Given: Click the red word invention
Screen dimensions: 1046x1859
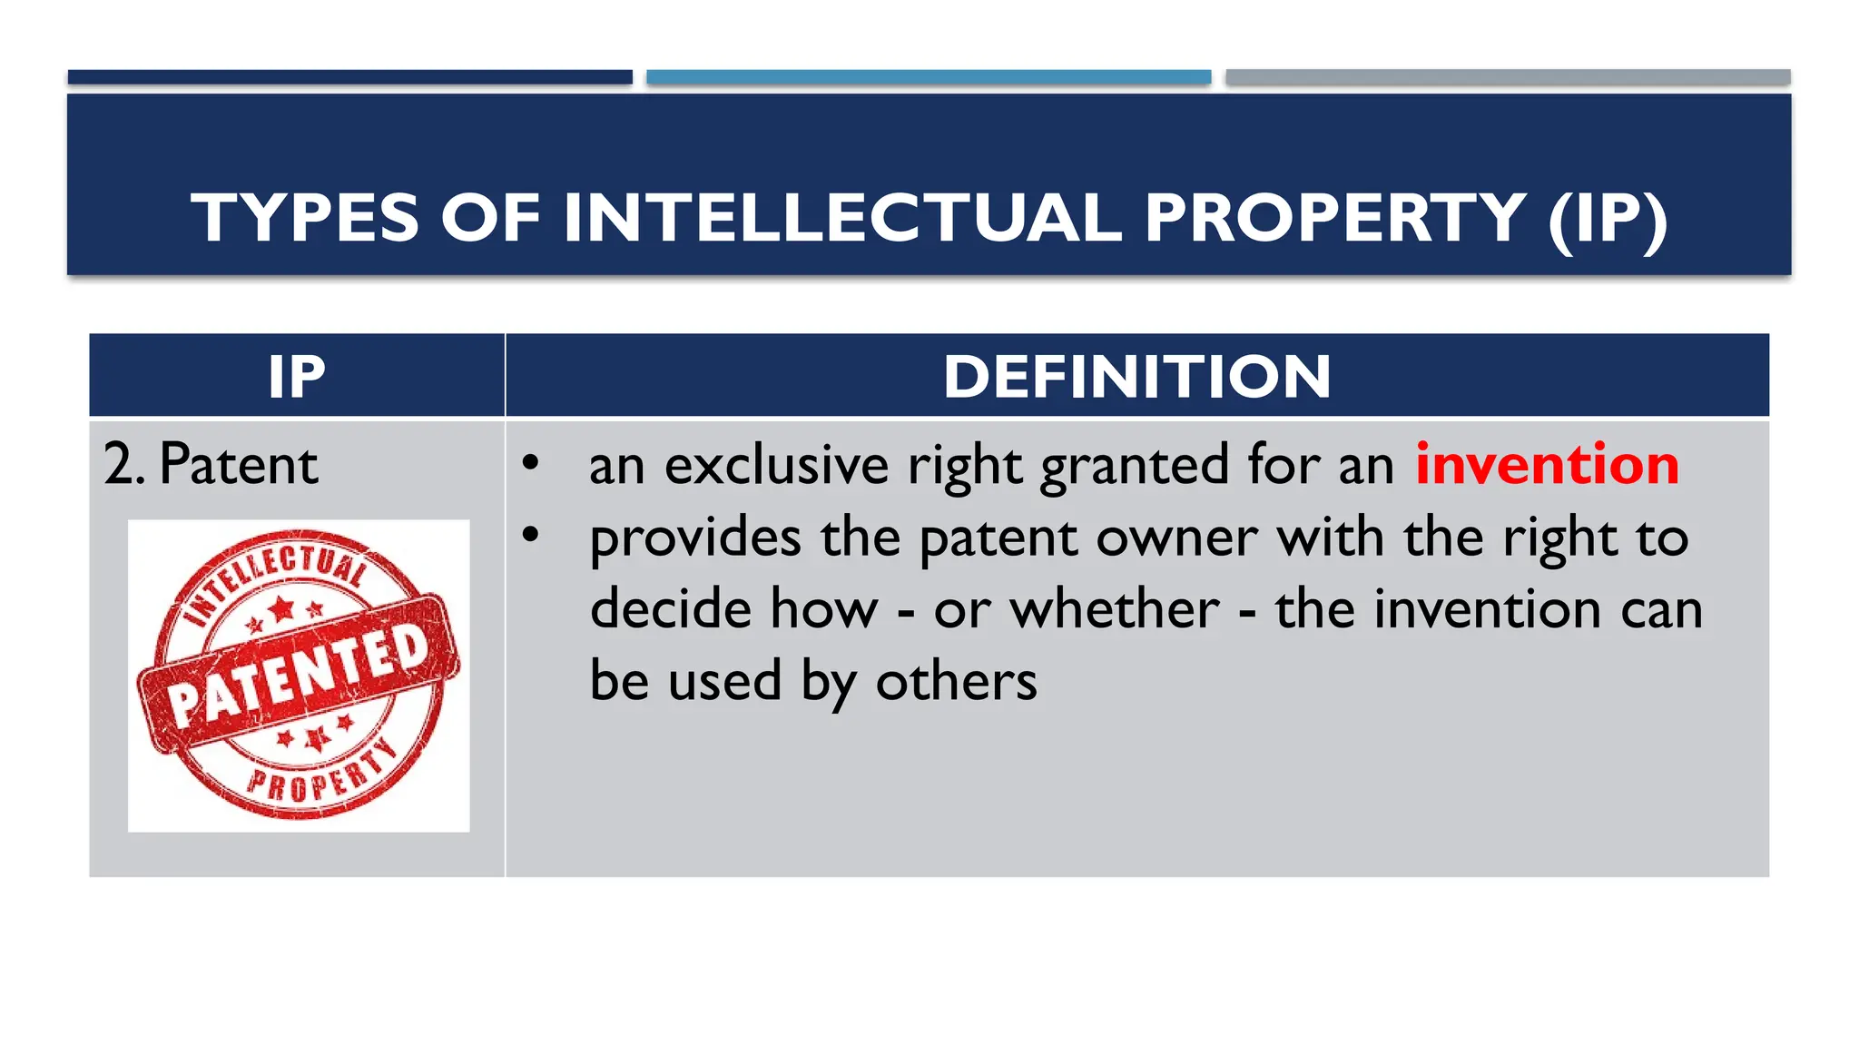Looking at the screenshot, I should tap(1547, 465).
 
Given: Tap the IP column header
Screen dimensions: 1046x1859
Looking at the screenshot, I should tap(297, 377).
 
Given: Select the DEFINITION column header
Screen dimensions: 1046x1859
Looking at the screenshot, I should tap(1136, 377).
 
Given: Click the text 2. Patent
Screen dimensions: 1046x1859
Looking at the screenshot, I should tap(211, 465).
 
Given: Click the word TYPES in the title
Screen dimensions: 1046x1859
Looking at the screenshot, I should tap(305, 218).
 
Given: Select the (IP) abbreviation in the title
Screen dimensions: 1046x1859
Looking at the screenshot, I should tap(1607, 218).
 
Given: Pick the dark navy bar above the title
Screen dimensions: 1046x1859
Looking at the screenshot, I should tap(349, 77).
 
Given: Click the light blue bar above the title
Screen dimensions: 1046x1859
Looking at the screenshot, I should tap(929, 77).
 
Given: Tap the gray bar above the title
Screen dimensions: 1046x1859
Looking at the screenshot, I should tap(1508, 77).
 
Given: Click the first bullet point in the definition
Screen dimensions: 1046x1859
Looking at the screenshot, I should tap(531, 463).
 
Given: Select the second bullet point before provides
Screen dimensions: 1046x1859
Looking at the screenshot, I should tap(531, 535).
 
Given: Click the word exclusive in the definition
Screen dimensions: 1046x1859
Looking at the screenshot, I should tap(776, 465).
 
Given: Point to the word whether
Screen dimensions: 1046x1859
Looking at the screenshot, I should tap(1115, 608).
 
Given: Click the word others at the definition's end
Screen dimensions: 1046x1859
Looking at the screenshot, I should tap(956, 681).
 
